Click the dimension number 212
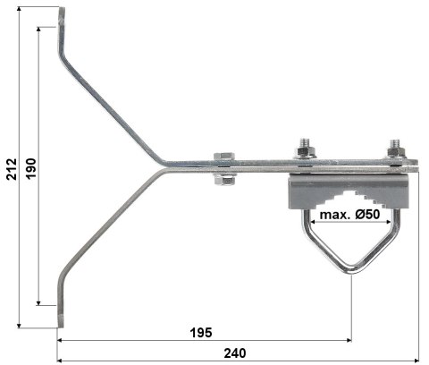(x=12, y=167)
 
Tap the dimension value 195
(x=201, y=333)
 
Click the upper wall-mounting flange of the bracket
(x=62, y=27)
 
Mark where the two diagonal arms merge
(x=165, y=166)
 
